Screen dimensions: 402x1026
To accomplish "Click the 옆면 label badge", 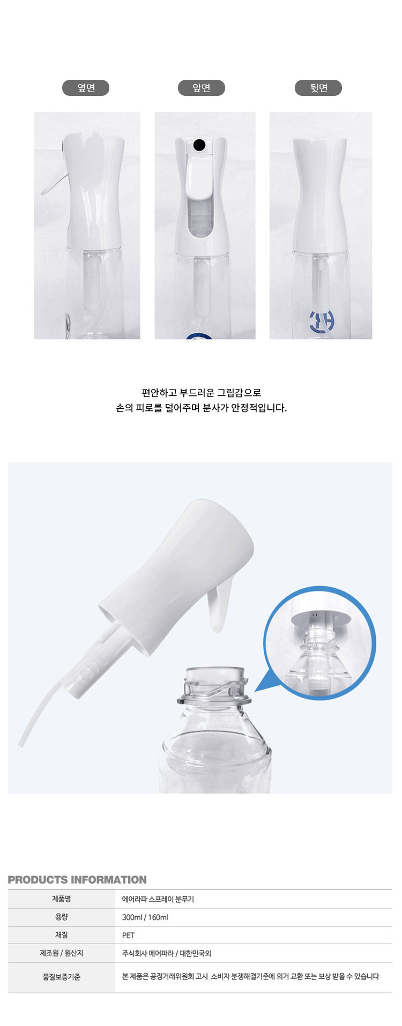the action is [x=86, y=88].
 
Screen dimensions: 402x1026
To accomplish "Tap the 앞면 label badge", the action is [x=202, y=88].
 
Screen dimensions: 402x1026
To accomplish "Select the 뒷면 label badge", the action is [x=318, y=88].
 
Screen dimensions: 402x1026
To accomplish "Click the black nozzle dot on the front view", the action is [x=199, y=144].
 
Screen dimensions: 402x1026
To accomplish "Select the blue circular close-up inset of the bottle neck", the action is [x=320, y=643].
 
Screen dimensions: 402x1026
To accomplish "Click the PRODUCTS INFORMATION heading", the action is [x=77, y=880].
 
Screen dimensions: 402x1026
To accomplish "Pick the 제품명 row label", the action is [x=62, y=899].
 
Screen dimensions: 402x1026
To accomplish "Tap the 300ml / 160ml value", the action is [x=145, y=917].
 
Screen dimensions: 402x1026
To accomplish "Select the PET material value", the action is [x=129, y=935].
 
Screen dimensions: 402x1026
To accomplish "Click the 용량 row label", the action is [x=62, y=917].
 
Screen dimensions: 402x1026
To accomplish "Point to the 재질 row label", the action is [x=62, y=935].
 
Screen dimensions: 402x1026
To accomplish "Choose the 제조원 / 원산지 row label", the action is [x=62, y=953].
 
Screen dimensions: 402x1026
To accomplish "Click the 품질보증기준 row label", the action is [x=62, y=977].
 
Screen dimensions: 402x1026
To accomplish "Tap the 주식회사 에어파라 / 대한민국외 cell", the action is [x=167, y=954].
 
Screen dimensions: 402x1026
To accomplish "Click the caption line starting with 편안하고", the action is [x=202, y=393].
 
